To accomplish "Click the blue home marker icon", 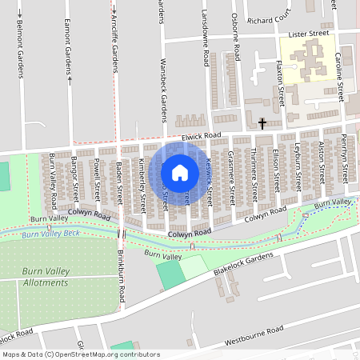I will (x=180, y=172).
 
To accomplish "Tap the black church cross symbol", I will (x=263, y=123).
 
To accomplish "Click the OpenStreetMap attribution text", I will (x=80, y=354).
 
